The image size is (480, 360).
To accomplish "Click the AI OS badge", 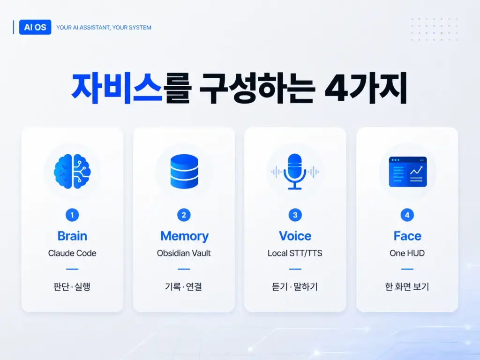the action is (x=35, y=27).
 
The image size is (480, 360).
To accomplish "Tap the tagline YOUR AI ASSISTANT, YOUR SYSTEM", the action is (x=104, y=28).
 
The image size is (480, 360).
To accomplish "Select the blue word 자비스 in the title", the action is (x=117, y=88).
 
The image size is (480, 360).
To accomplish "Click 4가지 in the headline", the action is (x=366, y=88).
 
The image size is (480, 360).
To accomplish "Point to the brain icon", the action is (x=72, y=171).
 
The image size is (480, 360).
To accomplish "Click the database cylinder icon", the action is (x=184, y=172).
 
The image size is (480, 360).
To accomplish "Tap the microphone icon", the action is (x=295, y=172).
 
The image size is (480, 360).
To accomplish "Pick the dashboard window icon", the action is (x=408, y=172).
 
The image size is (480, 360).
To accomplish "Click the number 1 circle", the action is (x=72, y=215).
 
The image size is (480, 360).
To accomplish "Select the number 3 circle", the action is (x=295, y=215).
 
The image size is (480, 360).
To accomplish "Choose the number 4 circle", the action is (x=407, y=215).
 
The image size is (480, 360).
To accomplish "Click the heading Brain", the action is (x=72, y=236).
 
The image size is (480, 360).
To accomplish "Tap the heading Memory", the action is (x=184, y=236).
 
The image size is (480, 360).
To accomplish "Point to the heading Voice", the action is (x=295, y=236).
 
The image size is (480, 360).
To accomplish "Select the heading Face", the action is (x=407, y=236).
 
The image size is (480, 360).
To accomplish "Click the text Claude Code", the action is (x=72, y=253).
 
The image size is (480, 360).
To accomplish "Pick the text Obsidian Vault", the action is (x=184, y=253).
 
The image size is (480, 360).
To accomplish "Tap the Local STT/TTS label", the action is (x=295, y=253).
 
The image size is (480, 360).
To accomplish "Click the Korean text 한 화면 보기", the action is (x=407, y=286).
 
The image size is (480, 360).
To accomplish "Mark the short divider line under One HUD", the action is (x=407, y=269).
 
